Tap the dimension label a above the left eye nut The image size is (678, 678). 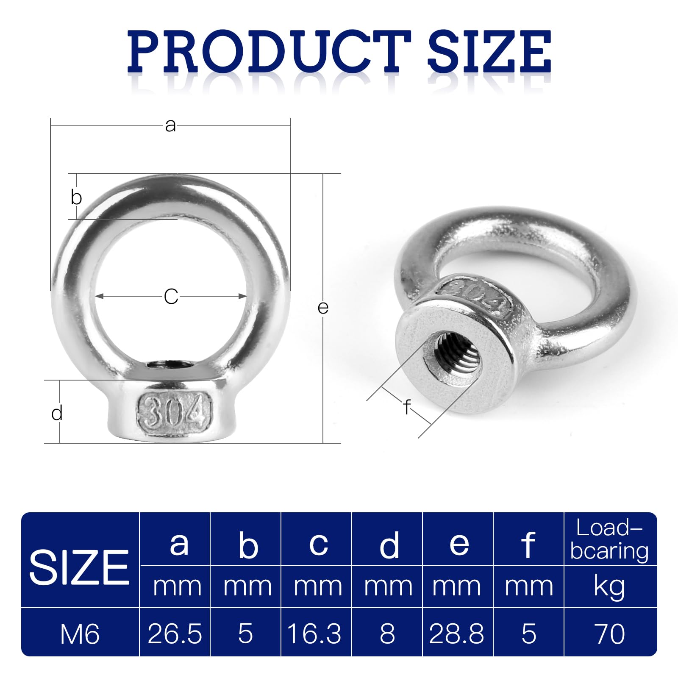(170, 125)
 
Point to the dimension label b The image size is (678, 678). (76, 197)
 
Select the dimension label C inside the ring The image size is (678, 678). (171, 297)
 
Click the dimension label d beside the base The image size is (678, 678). (57, 413)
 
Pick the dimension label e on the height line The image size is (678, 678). (323, 308)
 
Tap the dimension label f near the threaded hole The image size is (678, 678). (407, 407)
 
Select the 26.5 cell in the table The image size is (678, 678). (175, 634)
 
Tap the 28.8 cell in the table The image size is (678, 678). (456, 634)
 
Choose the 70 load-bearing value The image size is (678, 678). (610, 634)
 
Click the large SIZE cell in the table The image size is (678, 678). (79, 568)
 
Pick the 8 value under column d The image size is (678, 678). (387, 634)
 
